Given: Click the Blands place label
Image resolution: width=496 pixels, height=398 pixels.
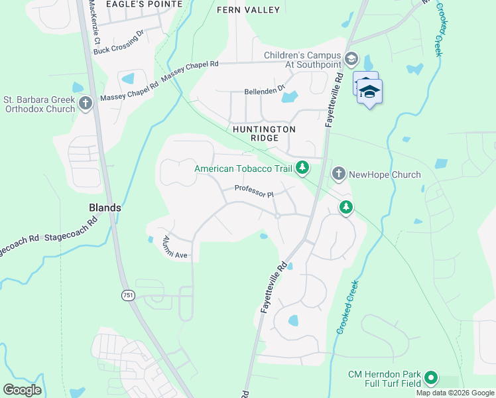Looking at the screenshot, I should point(105,208).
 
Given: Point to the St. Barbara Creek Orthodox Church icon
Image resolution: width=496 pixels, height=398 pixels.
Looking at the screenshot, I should point(86,103).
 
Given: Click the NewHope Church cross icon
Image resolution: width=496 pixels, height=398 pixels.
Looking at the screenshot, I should point(339,174).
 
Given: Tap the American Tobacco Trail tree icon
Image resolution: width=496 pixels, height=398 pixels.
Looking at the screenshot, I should point(302,168).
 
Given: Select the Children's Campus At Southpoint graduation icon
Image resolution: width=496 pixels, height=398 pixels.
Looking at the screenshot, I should point(351,60).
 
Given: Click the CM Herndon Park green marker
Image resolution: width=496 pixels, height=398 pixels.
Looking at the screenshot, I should point(432,379).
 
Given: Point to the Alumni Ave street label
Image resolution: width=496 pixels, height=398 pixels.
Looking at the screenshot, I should point(171,249).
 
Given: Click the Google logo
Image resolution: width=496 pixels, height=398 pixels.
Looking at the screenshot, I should point(22,390).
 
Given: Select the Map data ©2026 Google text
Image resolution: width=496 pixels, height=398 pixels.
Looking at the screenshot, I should point(455,393).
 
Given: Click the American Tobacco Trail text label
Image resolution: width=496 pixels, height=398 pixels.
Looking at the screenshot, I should point(243,169).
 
